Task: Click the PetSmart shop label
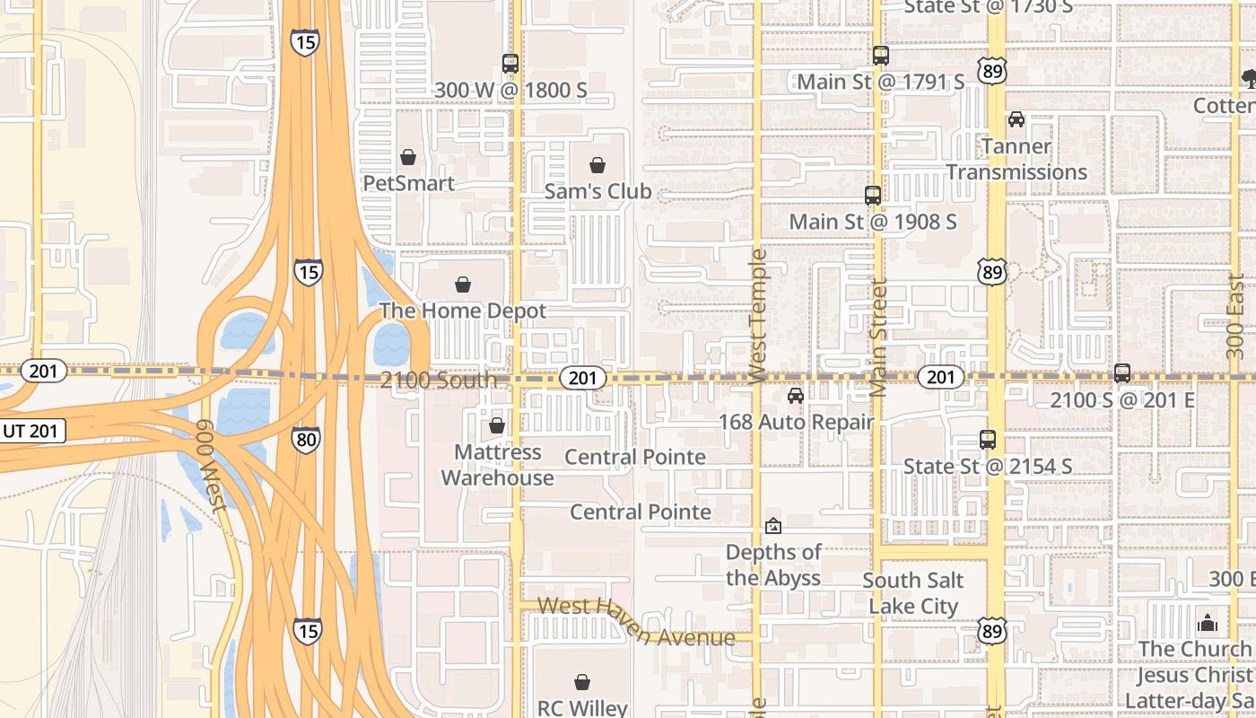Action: pos(408,183)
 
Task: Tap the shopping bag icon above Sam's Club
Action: pos(597,165)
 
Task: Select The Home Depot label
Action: pos(462,311)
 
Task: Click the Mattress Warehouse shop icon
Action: pos(497,425)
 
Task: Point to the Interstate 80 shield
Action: pos(305,439)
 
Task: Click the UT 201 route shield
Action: pos(31,431)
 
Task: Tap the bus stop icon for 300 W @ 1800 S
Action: pos(510,64)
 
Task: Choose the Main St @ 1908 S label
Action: pos(873,221)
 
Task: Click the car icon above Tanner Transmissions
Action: pos(1016,119)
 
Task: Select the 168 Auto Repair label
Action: pos(796,422)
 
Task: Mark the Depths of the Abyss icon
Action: pos(773,526)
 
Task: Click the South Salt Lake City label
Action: pos(913,593)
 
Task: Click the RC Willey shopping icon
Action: pos(582,683)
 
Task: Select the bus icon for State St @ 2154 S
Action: pos(988,440)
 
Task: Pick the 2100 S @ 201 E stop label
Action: pos(1122,399)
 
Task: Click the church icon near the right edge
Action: pos(1208,623)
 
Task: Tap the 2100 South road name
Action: pos(438,380)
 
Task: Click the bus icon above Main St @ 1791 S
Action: pos(881,56)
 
